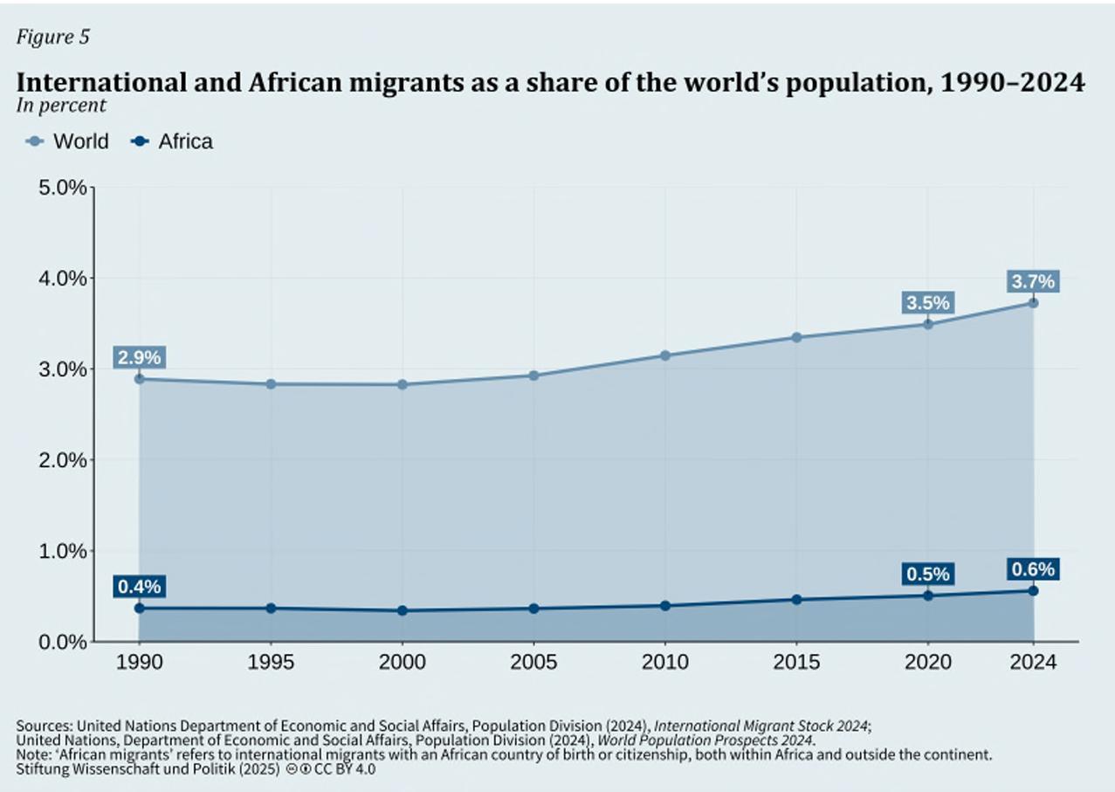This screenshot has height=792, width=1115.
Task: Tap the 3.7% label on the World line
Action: [1033, 282]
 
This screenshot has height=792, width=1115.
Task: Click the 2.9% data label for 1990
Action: [139, 357]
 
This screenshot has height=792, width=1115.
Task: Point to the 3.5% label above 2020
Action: [927, 303]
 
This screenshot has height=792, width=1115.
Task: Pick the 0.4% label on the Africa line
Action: [139, 587]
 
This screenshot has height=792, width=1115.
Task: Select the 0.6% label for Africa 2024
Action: [1033, 569]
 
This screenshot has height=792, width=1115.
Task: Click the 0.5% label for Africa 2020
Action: [927, 575]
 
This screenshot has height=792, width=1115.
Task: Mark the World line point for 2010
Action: [665, 355]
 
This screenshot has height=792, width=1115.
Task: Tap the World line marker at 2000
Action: [403, 384]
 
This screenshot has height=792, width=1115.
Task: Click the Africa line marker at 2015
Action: [796, 600]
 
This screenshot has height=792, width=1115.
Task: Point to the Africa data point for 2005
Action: [533, 608]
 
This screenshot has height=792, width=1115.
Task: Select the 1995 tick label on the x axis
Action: [271, 663]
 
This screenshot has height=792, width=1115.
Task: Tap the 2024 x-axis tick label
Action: [1033, 663]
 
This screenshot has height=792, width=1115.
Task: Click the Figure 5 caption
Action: [52, 37]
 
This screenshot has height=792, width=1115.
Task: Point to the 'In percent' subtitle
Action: [61, 106]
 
